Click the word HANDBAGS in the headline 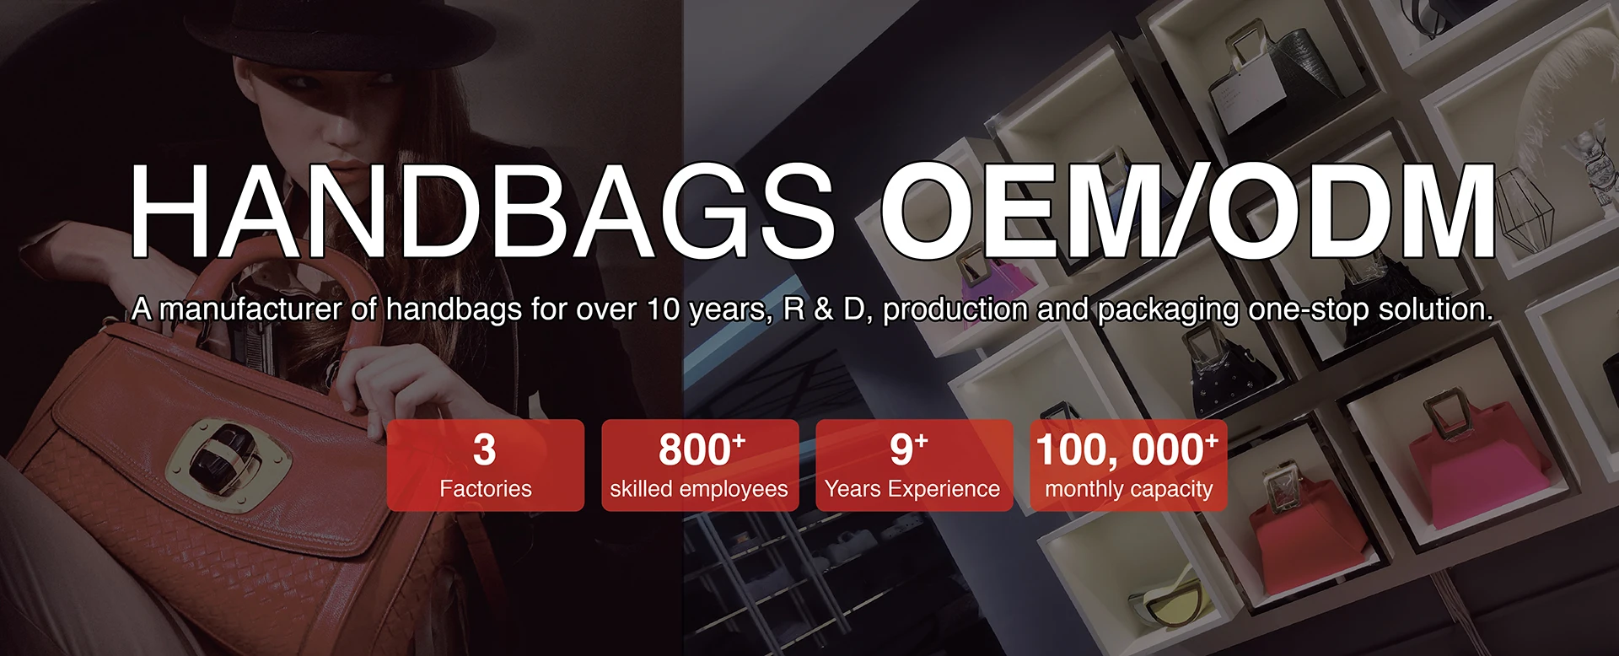(481, 211)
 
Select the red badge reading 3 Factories (486, 465)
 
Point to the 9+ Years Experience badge (914, 465)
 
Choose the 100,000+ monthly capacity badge (1128, 465)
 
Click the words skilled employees (699, 489)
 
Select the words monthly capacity (1129, 489)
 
